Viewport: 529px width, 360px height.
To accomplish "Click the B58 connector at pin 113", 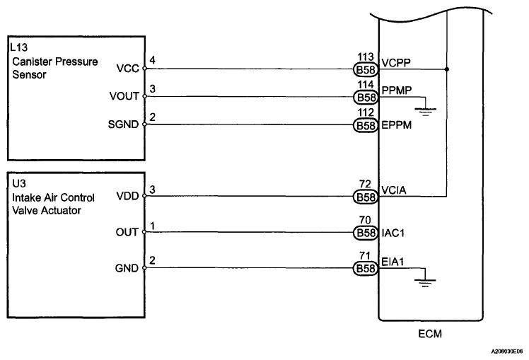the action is [366, 69].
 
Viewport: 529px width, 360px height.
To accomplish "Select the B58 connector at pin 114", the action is [366, 98].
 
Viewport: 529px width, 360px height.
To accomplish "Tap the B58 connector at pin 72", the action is [366, 197].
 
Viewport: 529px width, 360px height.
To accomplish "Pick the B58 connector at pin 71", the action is [366, 269].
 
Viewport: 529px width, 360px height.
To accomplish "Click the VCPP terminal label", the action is [396, 63].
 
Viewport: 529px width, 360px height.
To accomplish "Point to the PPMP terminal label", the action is [397, 91].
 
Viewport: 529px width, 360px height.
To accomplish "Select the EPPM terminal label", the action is [397, 125].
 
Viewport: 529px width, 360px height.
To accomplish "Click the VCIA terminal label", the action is [394, 190].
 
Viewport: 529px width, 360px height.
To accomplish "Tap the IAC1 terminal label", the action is [393, 233].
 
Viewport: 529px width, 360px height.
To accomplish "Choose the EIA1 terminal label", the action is [393, 262].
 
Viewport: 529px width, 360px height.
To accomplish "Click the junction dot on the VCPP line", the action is [447, 69].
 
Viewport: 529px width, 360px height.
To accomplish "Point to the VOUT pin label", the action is [124, 96].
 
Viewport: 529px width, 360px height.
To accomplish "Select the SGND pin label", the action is [123, 124].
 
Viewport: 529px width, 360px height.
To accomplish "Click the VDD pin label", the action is [127, 196].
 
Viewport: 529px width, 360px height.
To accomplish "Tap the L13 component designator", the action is [19, 47].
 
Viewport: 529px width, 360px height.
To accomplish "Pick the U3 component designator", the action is [19, 184].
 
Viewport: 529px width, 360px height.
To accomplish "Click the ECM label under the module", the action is [430, 334].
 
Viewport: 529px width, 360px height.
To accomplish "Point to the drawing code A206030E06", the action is [507, 352].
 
